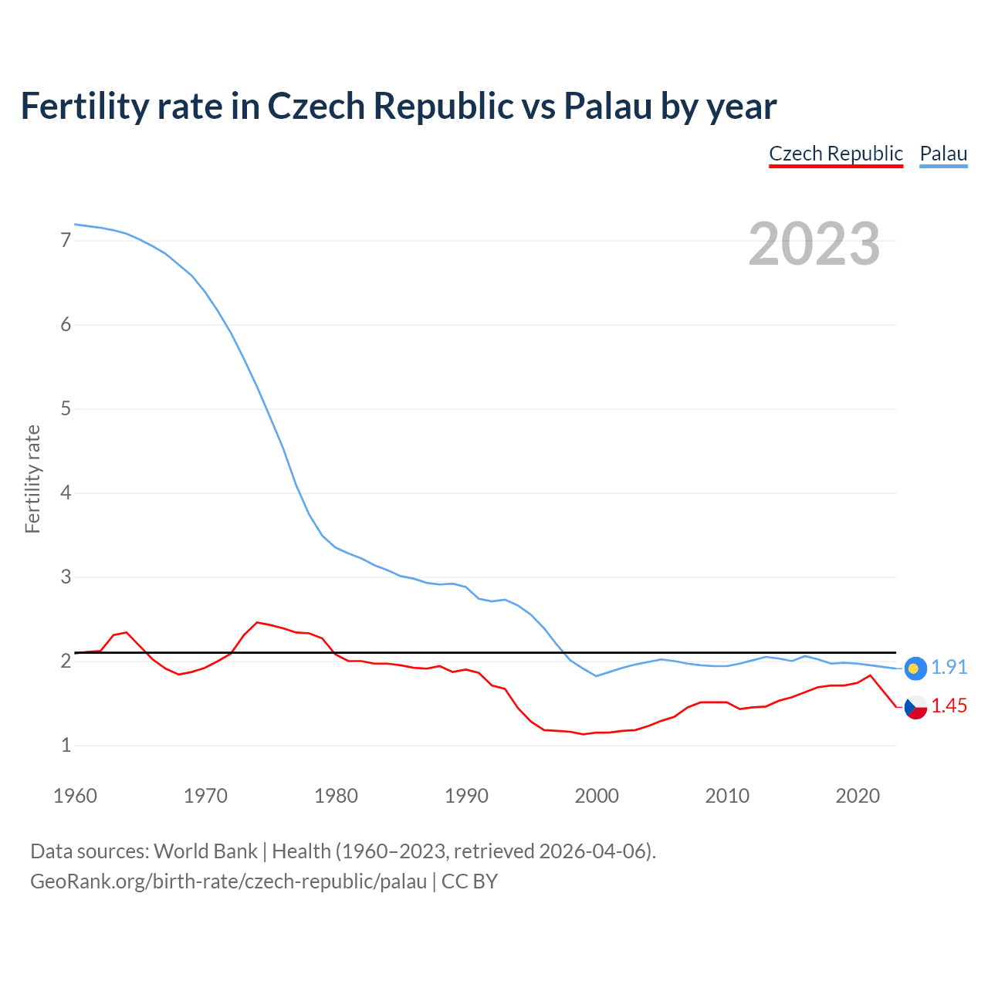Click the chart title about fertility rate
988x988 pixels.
tap(398, 107)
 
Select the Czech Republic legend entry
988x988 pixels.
tap(836, 154)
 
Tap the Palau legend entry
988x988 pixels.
tap(943, 154)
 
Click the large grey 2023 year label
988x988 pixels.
tap(814, 244)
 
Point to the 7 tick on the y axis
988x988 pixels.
tap(66, 241)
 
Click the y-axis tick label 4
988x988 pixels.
tap(66, 493)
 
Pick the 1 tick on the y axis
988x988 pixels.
tap(66, 746)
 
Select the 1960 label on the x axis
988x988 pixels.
tap(75, 796)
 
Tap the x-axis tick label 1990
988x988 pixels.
tap(466, 796)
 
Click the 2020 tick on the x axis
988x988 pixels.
tap(858, 796)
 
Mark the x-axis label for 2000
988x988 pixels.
tap(597, 796)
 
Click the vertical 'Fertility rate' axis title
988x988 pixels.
tap(32, 479)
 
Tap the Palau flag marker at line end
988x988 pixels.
tap(915, 668)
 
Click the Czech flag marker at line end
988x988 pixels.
tap(915, 706)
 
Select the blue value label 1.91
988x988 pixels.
tap(949, 668)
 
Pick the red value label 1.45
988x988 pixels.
tap(949, 706)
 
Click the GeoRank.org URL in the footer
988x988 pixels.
tap(228, 881)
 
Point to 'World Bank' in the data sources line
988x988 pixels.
tap(205, 851)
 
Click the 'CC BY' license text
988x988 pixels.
tap(469, 881)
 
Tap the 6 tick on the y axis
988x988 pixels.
tap(66, 325)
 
